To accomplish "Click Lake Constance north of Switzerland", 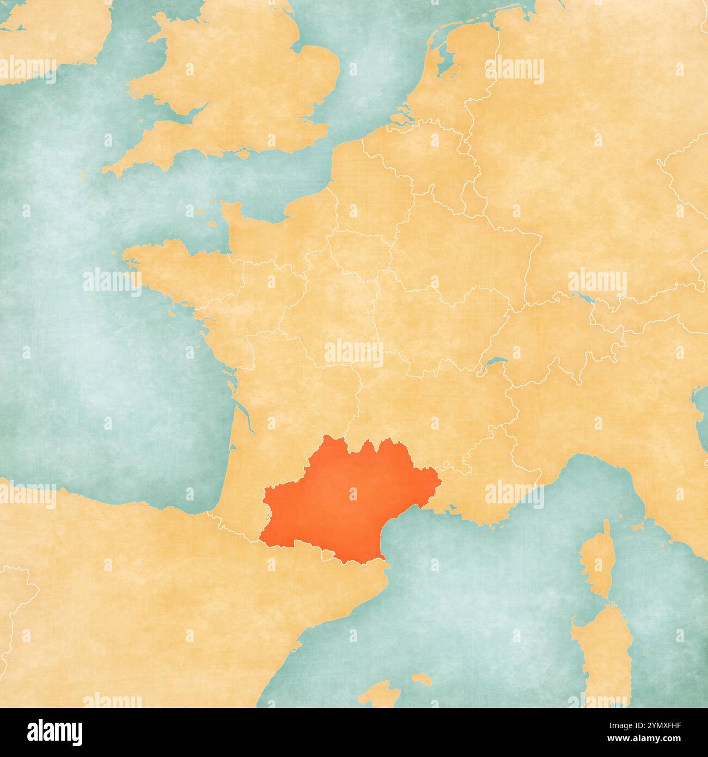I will [x=583, y=298].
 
